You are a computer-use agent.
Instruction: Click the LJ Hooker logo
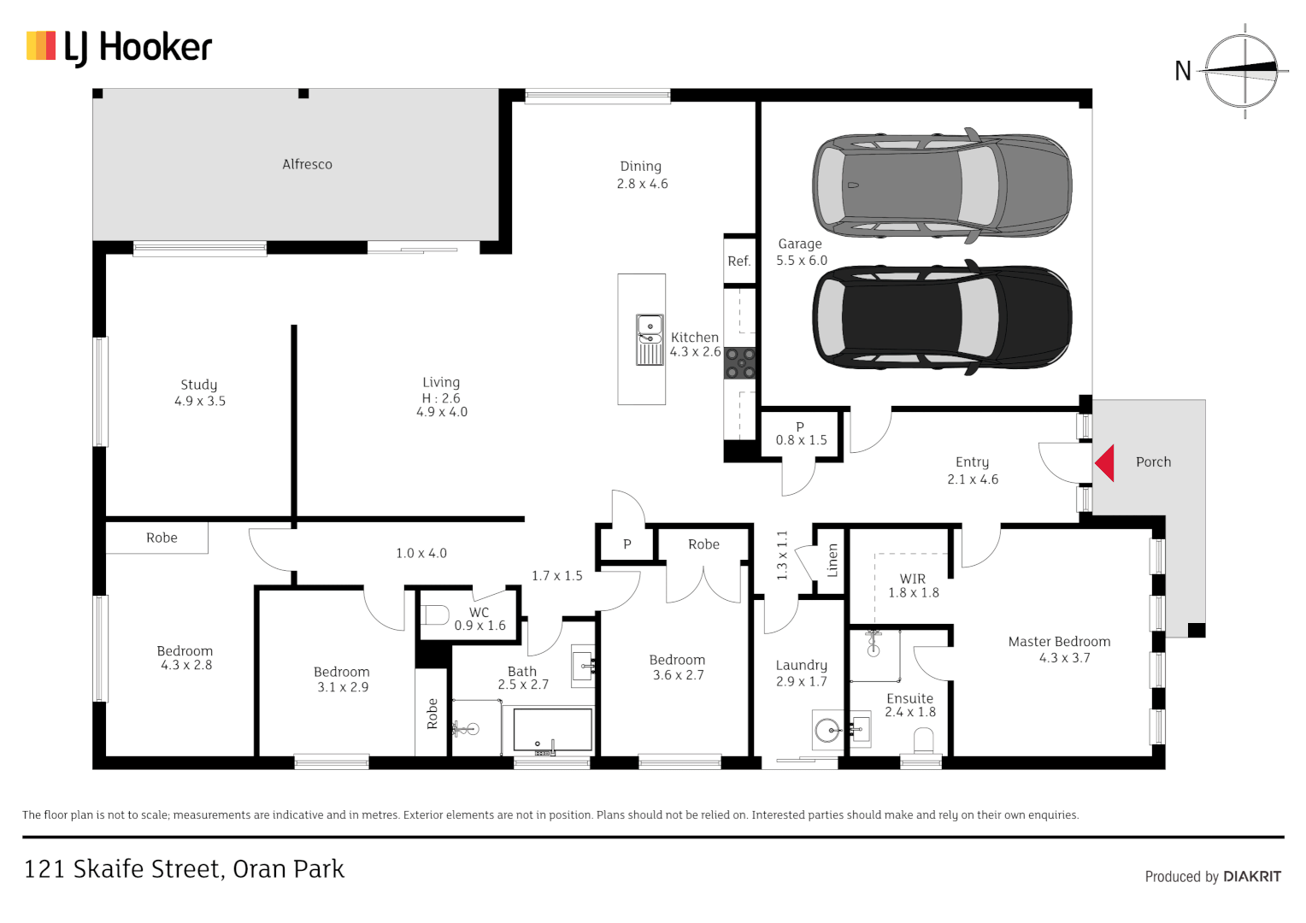point(119,47)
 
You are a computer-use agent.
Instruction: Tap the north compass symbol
point(1244,70)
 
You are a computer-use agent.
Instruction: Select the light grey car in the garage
point(941,185)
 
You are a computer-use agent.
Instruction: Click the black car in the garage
point(941,317)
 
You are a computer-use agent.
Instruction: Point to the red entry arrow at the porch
point(1105,462)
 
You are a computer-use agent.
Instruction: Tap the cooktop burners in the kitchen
point(740,362)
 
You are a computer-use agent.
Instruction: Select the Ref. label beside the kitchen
point(739,262)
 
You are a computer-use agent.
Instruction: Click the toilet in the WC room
point(436,614)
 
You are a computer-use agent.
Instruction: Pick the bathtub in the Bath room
point(552,732)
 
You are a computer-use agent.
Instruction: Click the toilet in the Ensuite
point(923,739)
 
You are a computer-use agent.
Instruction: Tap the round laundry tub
point(827,731)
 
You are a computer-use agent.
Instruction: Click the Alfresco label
point(307,164)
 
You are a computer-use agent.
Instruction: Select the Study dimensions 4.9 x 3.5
point(200,401)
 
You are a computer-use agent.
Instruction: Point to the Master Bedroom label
point(1059,642)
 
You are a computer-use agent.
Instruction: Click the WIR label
point(912,579)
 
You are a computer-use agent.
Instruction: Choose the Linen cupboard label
point(832,560)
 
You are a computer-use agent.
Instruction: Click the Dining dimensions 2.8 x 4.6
point(642,184)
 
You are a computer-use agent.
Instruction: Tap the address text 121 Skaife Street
point(184,869)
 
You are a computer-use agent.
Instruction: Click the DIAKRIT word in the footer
point(1252,876)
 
